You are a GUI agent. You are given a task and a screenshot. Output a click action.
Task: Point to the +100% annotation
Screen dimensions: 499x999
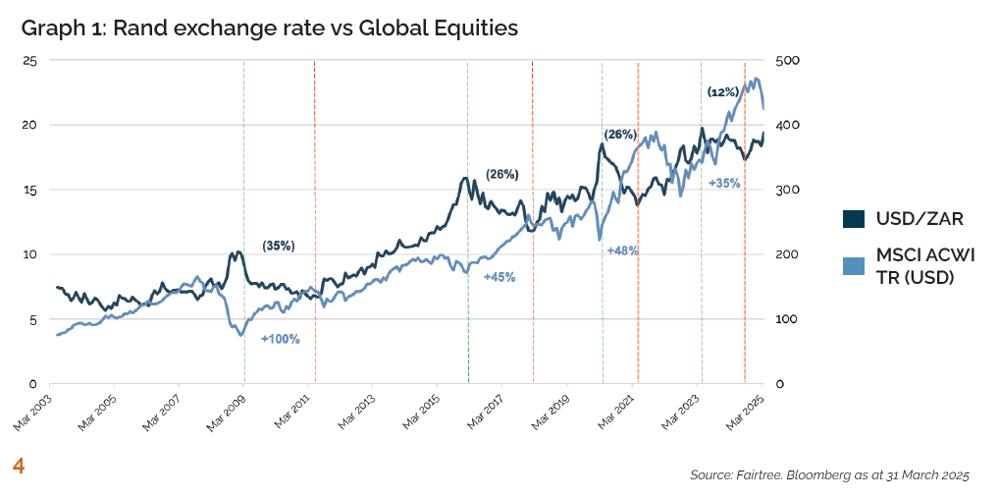click(280, 339)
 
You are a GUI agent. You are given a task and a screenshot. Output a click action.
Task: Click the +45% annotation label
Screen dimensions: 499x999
click(499, 277)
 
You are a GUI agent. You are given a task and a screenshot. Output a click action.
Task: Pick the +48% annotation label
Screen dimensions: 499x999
click(623, 250)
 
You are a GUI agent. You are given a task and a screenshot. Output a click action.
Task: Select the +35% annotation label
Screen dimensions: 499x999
click(724, 183)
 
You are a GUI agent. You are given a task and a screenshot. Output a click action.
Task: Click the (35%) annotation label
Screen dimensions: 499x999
click(278, 246)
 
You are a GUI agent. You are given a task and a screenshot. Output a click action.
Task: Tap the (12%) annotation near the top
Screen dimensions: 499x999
click(723, 91)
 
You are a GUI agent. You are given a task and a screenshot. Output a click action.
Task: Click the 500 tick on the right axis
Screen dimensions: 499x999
click(788, 60)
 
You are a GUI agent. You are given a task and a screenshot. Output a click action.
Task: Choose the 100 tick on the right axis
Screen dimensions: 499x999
click(788, 319)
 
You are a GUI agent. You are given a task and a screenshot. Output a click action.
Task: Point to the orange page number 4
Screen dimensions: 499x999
click(18, 465)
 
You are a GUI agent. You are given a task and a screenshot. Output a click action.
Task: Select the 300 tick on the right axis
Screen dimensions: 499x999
click(788, 190)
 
